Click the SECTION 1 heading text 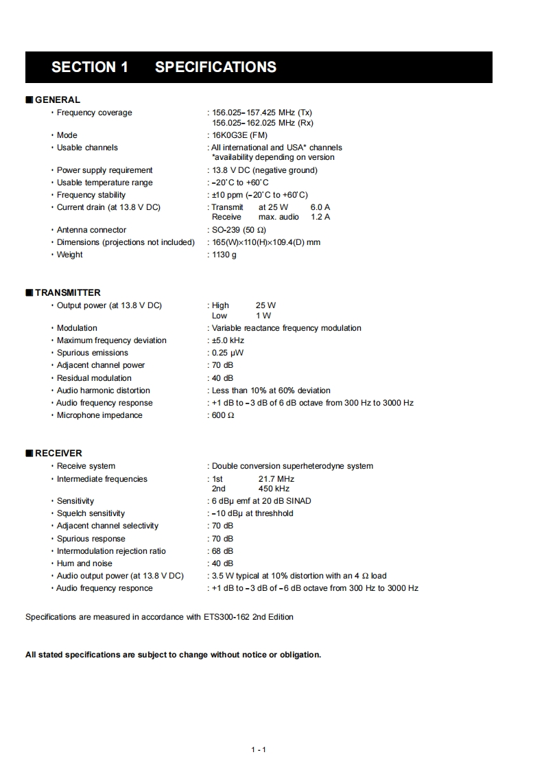(90, 67)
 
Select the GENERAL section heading (57, 100)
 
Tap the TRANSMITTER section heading (67, 292)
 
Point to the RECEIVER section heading (58, 453)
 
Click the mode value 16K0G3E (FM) (239, 135)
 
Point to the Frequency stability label (91, 195)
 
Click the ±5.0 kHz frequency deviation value (228, 340)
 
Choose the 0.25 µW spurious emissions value (228, 353)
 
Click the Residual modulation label (94, 378)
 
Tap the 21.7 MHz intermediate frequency (276, 479)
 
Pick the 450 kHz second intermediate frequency (274, 489)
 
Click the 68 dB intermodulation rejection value (222, 551)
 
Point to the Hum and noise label (84, 563)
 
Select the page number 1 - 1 (259, 749)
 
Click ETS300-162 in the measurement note (226, 617)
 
